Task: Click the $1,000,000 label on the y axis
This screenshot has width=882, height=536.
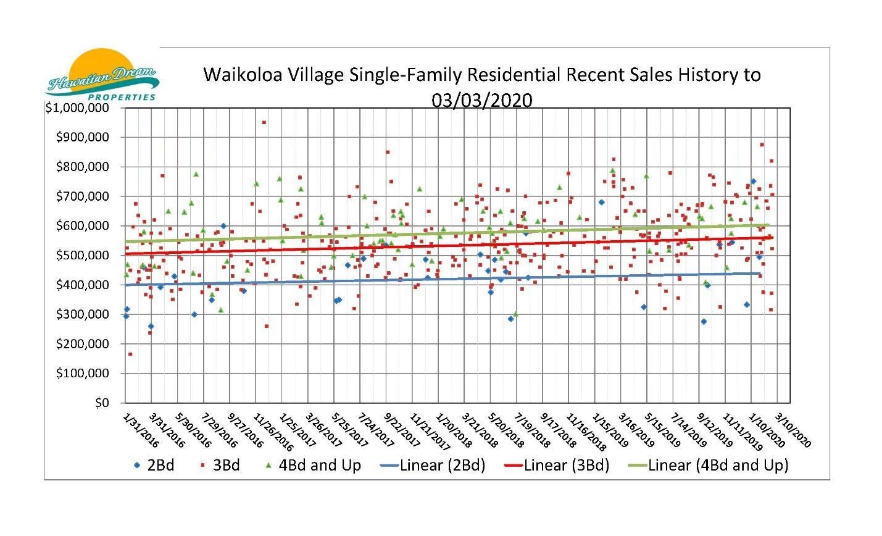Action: coord(77,107)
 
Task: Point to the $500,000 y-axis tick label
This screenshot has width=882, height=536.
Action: coord(82,255)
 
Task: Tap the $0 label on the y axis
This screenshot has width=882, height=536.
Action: coord(102,403)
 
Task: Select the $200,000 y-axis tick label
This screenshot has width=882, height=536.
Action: coord(82,343)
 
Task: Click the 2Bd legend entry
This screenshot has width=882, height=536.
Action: coord(154,464)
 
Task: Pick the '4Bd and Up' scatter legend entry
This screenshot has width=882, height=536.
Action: coord(313,464)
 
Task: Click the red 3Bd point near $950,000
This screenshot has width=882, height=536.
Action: coord(264,122)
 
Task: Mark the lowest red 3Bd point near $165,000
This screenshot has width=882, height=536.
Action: coord(130,354)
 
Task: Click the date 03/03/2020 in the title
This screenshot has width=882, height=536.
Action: coord(482,100)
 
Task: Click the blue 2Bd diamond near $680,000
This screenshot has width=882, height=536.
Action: coord(601,202)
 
